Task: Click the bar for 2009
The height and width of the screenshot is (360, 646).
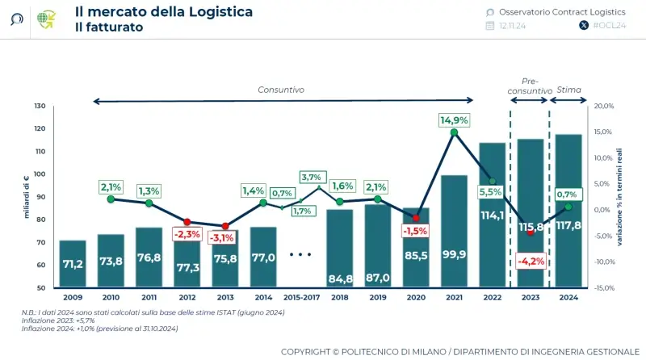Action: (73, 264)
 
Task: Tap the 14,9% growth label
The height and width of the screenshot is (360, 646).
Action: (454, 119)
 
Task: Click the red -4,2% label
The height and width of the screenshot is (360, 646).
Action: (530, 261)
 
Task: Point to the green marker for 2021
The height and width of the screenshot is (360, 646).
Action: (454, 132)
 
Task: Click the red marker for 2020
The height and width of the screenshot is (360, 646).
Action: (416, 218)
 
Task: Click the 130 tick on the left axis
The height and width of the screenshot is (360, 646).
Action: (40, 106)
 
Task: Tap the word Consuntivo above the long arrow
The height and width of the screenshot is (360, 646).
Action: (281, 90)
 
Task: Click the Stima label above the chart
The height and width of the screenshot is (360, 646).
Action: (569, 90)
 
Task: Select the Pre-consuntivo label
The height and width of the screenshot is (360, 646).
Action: (530, 86)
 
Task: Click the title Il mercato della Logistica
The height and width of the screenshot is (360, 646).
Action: (163, 11)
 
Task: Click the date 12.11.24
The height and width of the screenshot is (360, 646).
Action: (513, 26)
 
